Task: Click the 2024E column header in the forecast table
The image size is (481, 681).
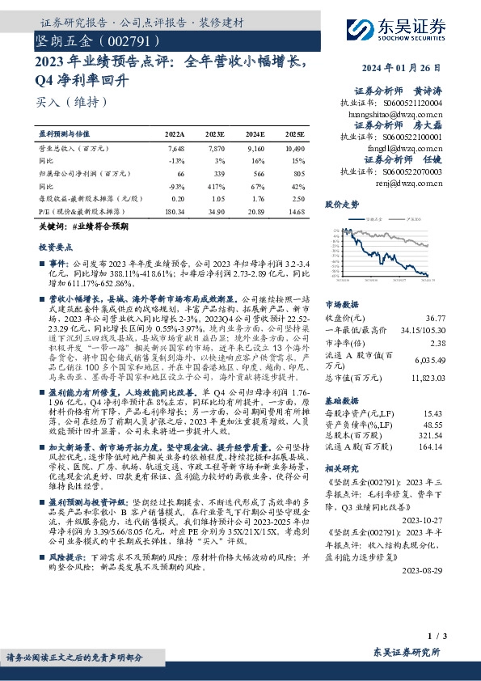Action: pos(255,134)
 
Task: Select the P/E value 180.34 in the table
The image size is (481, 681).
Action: pos(175,211)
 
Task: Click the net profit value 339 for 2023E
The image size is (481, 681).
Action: pos(216,173)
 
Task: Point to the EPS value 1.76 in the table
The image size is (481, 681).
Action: pos(255,198)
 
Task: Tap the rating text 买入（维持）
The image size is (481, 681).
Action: pos(70,103)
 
